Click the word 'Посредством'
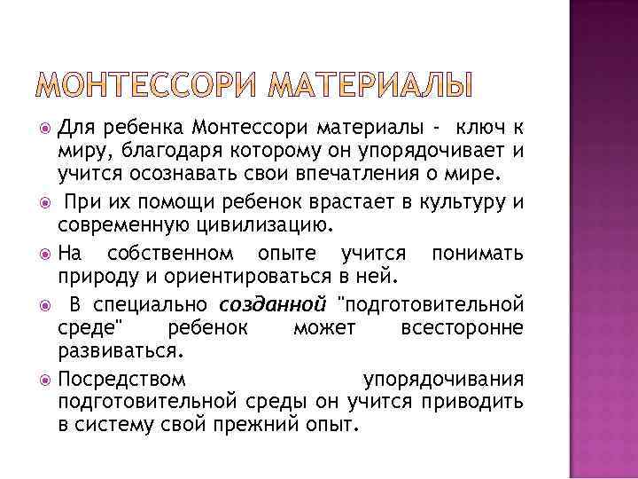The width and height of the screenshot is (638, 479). tap(122, 380)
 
